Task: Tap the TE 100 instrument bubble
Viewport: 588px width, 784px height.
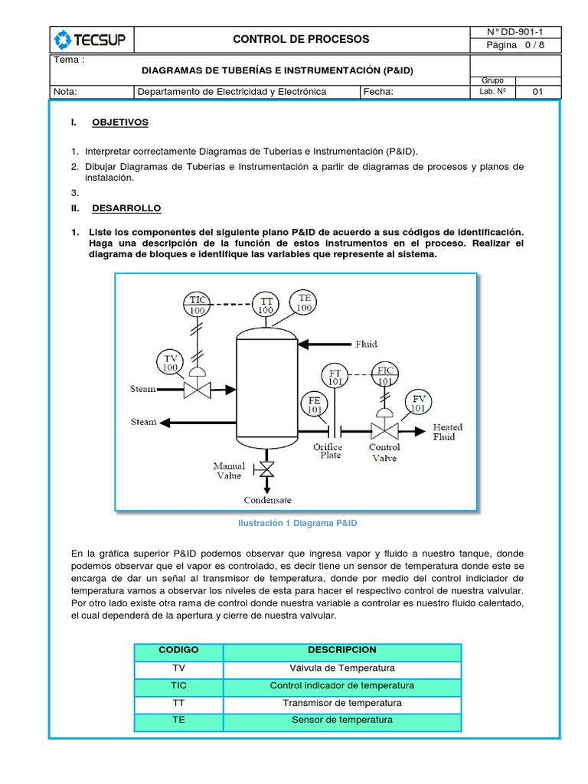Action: (x=304, y=302)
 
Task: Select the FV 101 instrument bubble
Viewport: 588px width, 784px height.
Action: (x=419, y=403)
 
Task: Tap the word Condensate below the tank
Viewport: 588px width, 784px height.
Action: (x=267, y=500)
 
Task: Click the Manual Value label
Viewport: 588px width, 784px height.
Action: (x=229, y=471)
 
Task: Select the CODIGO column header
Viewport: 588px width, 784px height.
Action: (x=178, y=650)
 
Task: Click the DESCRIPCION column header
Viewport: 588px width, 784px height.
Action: (x=342, y=650)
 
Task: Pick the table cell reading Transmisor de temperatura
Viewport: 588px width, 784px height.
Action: (x=342, y=703)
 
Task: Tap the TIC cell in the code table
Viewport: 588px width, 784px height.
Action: (x=178, y=685)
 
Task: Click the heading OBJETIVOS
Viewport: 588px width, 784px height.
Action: (x=120, y=122)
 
